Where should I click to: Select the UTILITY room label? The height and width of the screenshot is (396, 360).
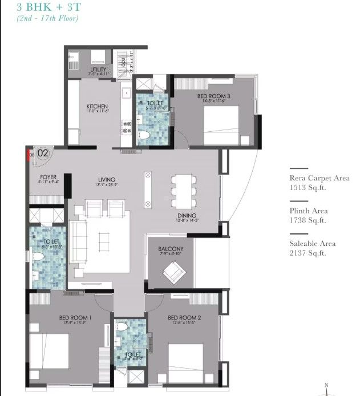[x=98, y=70]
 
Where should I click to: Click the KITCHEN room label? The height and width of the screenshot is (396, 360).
[x=97, y=107]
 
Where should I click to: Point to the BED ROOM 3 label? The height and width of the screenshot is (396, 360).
[x=213, y=96]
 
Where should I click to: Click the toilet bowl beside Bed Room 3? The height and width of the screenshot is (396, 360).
[x=144, y=136]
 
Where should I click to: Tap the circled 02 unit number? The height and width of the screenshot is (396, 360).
[x=43, y=152]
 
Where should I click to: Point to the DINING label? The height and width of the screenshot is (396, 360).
[x=187, y=216]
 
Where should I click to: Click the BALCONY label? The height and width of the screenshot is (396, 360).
[x=171, y=249]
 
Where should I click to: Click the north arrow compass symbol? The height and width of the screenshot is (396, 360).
[x=327, y=388]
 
